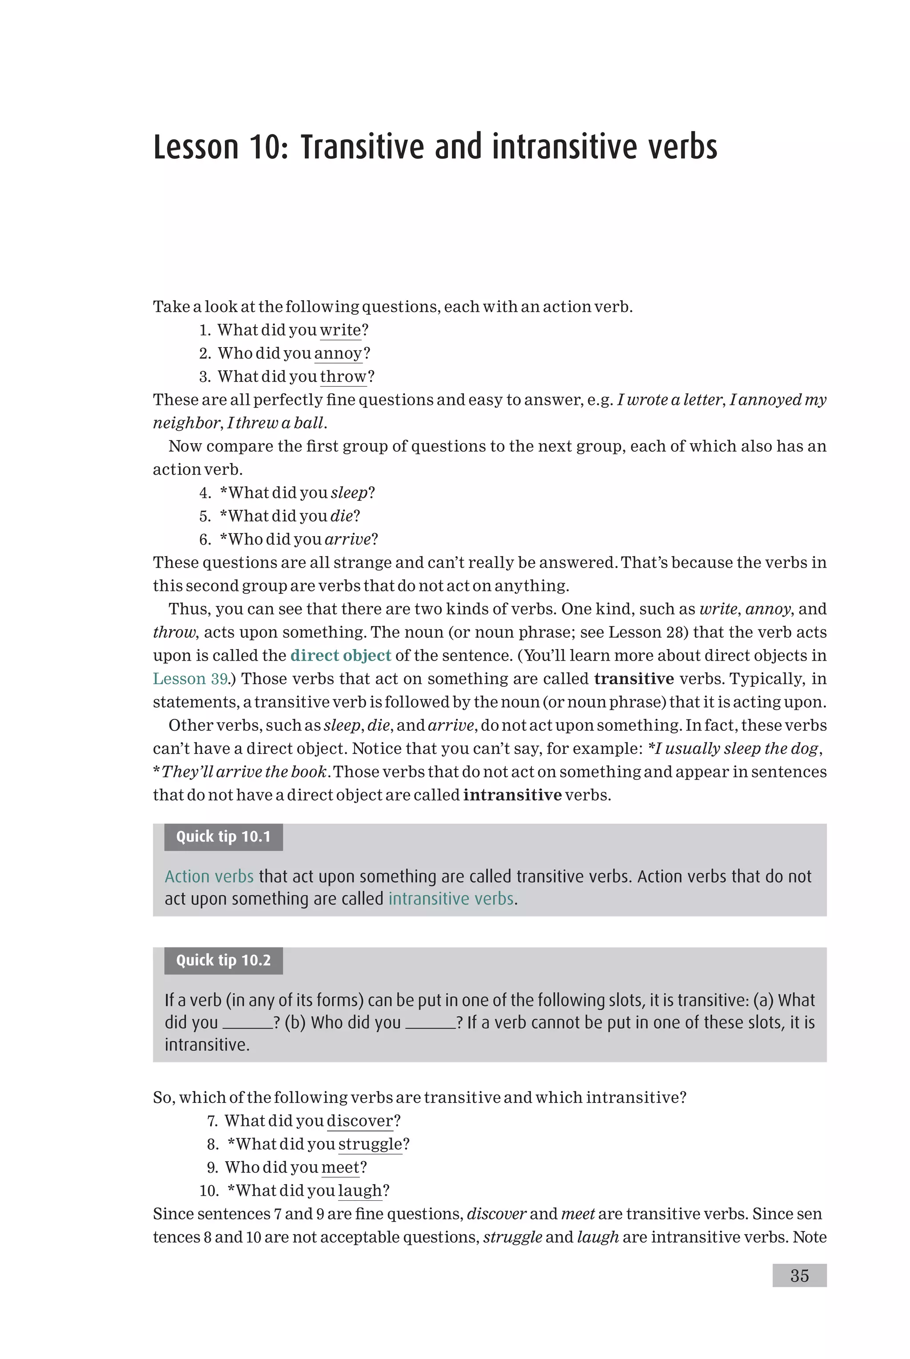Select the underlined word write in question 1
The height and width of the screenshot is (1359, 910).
340,330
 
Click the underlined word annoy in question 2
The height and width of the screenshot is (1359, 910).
338,353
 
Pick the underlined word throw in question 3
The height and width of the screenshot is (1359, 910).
343,377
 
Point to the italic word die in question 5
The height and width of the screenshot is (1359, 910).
341,516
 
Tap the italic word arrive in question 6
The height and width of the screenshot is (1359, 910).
347,539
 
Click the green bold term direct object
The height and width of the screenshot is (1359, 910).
341,655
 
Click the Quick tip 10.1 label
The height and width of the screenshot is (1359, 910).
224,837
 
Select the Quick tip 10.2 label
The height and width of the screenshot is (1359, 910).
224,960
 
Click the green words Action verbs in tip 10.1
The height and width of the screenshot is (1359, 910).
209,876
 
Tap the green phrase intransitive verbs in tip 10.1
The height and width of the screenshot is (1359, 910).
451,898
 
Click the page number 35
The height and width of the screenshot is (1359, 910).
799,1275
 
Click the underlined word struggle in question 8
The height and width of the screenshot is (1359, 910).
370,1144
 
